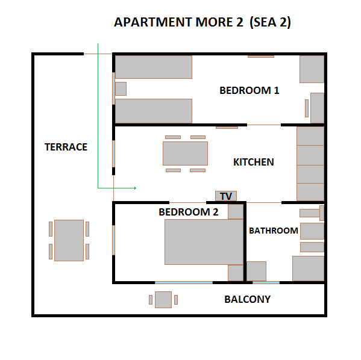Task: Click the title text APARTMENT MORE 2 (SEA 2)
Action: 203,22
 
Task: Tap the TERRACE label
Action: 66,147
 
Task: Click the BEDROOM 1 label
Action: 249,91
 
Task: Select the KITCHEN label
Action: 253,162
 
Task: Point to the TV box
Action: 226,196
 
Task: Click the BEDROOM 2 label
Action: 188,212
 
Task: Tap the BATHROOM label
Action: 274,231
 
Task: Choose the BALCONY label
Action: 247,299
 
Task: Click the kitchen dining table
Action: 185,153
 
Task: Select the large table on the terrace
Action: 69,240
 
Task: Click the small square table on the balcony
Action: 163,299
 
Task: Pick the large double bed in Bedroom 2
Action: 204,242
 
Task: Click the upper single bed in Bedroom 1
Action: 153,67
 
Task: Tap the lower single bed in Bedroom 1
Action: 153,111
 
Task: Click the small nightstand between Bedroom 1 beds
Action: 121,88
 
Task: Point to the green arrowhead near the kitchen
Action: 134,188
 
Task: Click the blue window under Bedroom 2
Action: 183,282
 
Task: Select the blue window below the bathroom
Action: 266,282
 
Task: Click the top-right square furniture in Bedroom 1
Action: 312,69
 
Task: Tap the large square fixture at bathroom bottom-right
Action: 309,268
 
